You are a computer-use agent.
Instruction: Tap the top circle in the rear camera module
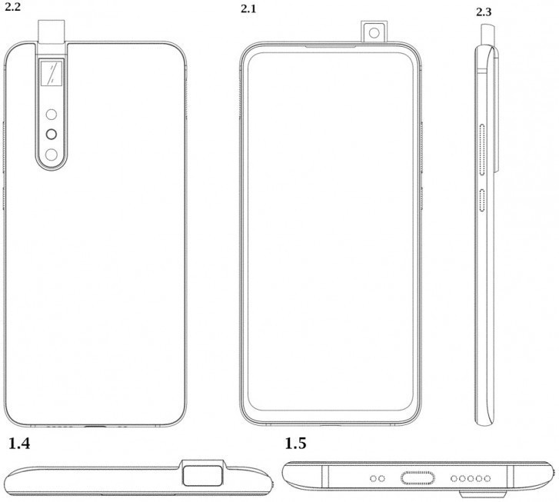coord(52,115)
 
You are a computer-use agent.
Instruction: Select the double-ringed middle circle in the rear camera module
coord(52,135)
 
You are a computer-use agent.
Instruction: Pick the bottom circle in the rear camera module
coord(52,155)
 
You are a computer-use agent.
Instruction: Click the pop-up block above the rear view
coord(52,30)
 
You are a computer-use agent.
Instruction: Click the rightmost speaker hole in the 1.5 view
coord(486,478)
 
